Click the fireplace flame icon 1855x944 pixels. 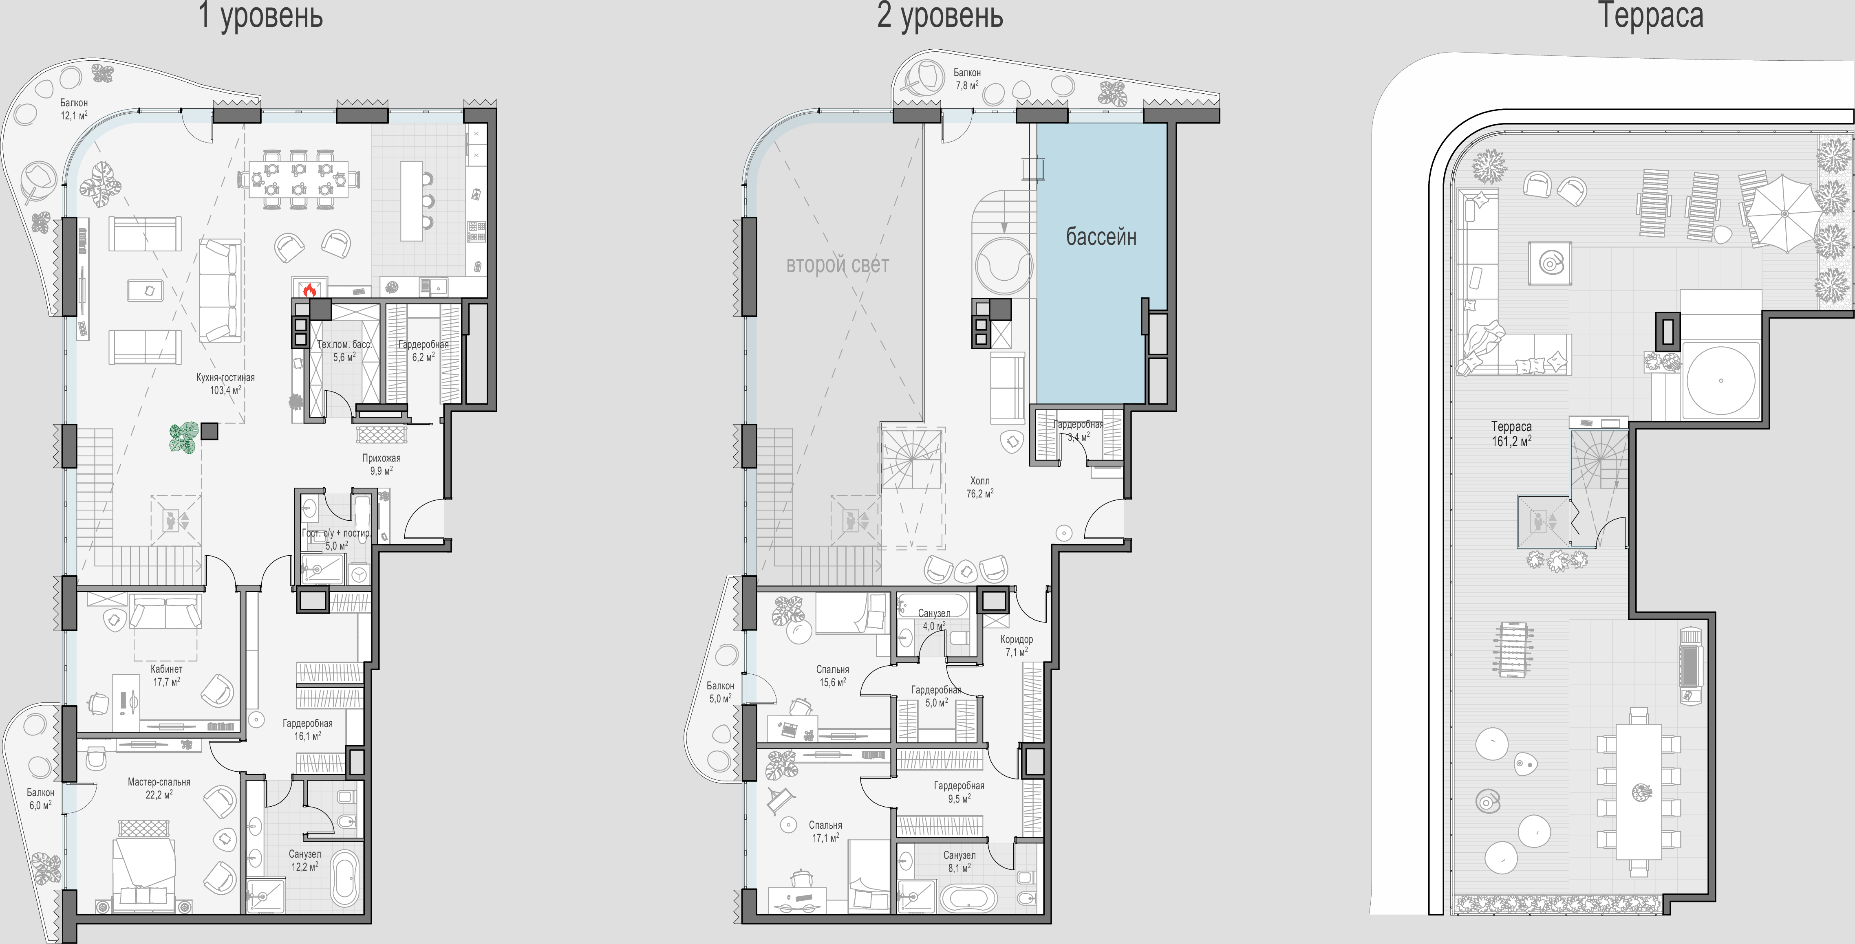pos(310,289)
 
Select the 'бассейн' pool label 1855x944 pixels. pos(1101,236)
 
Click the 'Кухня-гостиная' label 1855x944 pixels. pos(225,377)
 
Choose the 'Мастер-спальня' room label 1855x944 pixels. pos(159,782)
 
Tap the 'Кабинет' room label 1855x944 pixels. pos(166,669)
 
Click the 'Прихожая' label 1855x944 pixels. pos(381,458)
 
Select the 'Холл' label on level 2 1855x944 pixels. pos(979,481)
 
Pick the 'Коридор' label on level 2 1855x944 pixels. pos(1016,639)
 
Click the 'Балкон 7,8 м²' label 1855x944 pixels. pos(966,79)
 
